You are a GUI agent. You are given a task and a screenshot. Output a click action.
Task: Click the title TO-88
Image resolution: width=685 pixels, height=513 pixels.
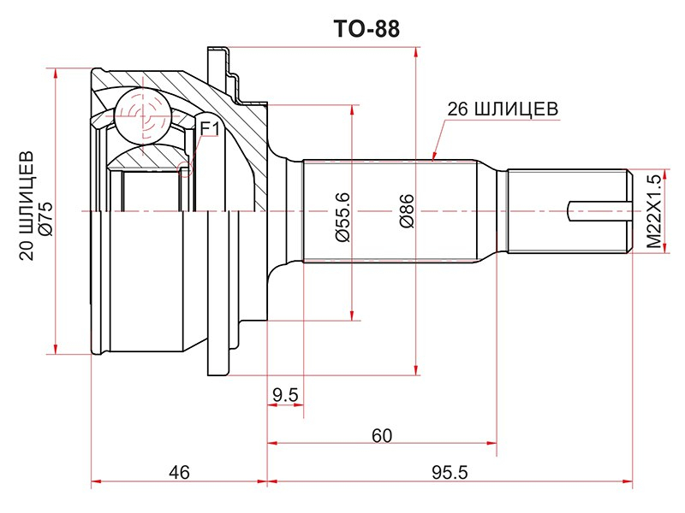(x=366, y=29)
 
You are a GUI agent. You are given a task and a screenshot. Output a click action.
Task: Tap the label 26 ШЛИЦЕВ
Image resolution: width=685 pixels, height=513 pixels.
(x=503, y=109)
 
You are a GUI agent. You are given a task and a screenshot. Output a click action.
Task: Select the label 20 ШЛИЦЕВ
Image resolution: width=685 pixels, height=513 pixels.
(x=27, y=206)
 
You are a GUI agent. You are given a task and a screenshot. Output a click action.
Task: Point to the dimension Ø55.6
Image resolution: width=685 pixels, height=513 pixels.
(x=343, y=217)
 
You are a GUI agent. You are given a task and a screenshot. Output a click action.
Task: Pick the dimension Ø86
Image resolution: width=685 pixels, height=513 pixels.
(x=406, y=211)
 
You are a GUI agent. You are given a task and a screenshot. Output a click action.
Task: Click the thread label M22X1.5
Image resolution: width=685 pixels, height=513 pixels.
(x=654, y=211)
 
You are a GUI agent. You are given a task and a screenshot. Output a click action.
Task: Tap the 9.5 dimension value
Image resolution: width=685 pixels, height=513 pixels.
(x=285, y=395)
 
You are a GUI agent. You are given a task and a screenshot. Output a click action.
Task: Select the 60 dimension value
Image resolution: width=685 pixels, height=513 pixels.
(x=382, y=435)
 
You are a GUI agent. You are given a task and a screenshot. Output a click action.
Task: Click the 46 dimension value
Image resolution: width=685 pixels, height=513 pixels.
(x=179, y=473)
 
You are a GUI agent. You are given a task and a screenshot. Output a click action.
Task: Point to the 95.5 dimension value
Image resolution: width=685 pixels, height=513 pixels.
(x=450, y=473)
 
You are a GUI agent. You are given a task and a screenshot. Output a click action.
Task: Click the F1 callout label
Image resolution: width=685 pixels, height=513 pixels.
(x=209, y=128)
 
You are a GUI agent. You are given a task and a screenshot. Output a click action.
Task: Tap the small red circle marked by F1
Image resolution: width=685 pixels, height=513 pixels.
(x=185, y=169)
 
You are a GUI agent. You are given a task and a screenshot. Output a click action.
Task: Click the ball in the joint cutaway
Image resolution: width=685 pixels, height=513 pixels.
(x=142, y=115)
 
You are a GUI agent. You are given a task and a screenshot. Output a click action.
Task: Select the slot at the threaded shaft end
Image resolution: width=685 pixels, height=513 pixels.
(x=599, y=211)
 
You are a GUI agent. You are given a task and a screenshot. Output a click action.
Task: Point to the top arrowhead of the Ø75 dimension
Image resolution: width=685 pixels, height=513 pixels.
(x=55, y=74)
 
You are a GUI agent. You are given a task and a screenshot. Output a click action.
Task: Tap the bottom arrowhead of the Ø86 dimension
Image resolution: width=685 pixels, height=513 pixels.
(x=416, y=369)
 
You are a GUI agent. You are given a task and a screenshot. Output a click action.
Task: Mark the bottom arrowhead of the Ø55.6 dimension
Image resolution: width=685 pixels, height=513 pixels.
(x=352, y=315)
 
